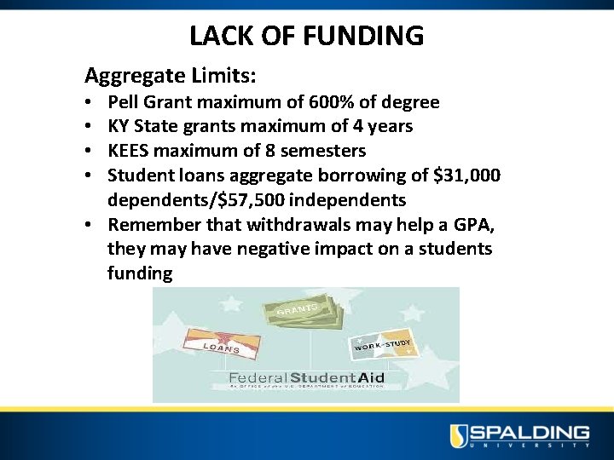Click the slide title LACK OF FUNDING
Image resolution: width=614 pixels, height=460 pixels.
306,36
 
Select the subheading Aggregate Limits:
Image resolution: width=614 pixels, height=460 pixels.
170,76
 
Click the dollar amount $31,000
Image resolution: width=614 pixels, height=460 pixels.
466,175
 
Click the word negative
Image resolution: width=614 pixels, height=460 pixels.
317,249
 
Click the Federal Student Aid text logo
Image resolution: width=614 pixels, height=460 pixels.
306,377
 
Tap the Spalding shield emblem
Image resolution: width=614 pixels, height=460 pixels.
459,435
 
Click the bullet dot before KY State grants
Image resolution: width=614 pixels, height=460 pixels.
90,127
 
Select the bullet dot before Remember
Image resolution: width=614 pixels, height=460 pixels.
90,226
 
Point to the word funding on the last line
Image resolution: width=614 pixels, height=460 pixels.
140,273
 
